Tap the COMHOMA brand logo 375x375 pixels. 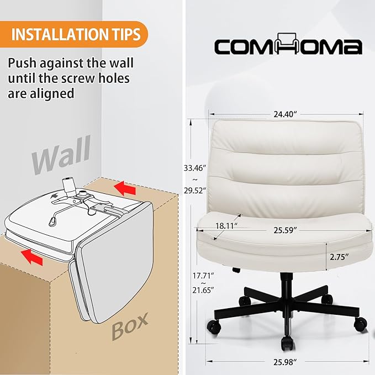[x=288, y=44]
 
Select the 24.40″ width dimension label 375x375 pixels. [x=285, y=114]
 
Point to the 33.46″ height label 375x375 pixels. [x=195, y=168]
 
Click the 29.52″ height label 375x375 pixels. [x=195, y=191]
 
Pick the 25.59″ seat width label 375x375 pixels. [x=285, y=230]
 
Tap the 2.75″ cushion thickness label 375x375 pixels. [x=339, y=257]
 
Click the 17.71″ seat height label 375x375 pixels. [x=203, y=276]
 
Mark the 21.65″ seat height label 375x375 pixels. [x=203, y=290]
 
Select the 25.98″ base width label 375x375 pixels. [x=285, y=362]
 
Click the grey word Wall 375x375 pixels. [x=61, y=155]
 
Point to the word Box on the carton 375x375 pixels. [x=130, y=326]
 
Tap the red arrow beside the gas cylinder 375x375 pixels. [x=125, y=188]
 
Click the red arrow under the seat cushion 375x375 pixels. [x=32, y=257]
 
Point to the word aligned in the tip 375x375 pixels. [x=52, y=94]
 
